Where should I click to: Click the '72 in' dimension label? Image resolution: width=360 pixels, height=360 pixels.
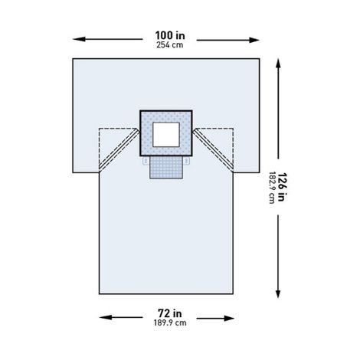click(166, 314)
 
